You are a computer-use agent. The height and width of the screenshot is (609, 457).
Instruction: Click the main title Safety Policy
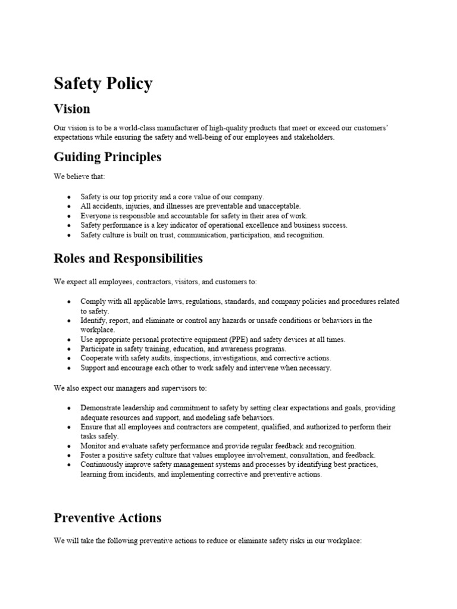click(x=103, y=83)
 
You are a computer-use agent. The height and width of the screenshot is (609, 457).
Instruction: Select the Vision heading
click(x=72, y=109)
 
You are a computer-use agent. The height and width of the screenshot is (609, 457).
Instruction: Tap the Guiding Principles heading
click(x=107, y=158)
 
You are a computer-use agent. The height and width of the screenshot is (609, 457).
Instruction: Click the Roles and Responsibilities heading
click(x=128, y=259)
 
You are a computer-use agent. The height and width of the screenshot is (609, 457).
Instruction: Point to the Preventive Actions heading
click(x=107, y=518)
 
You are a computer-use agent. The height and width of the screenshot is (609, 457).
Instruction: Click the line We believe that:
click(x=79, y=177)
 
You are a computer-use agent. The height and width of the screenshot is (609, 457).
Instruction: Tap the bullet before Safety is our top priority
click(x=69, y=197)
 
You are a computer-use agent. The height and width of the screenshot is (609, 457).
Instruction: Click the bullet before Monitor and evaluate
click(x=69, y=446)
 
